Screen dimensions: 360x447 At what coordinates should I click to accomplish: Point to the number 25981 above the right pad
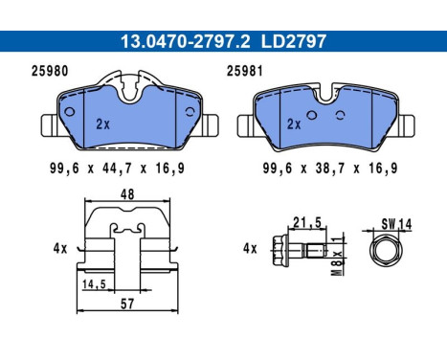pos(247,71)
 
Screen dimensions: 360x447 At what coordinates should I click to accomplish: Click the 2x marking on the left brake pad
pos(103,124)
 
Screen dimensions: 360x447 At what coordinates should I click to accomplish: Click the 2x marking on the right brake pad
pos(296,124)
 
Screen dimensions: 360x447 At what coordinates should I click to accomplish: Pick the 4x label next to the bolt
pos(252,248)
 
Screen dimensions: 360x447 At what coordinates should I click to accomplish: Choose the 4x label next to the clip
pos(59,248)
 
